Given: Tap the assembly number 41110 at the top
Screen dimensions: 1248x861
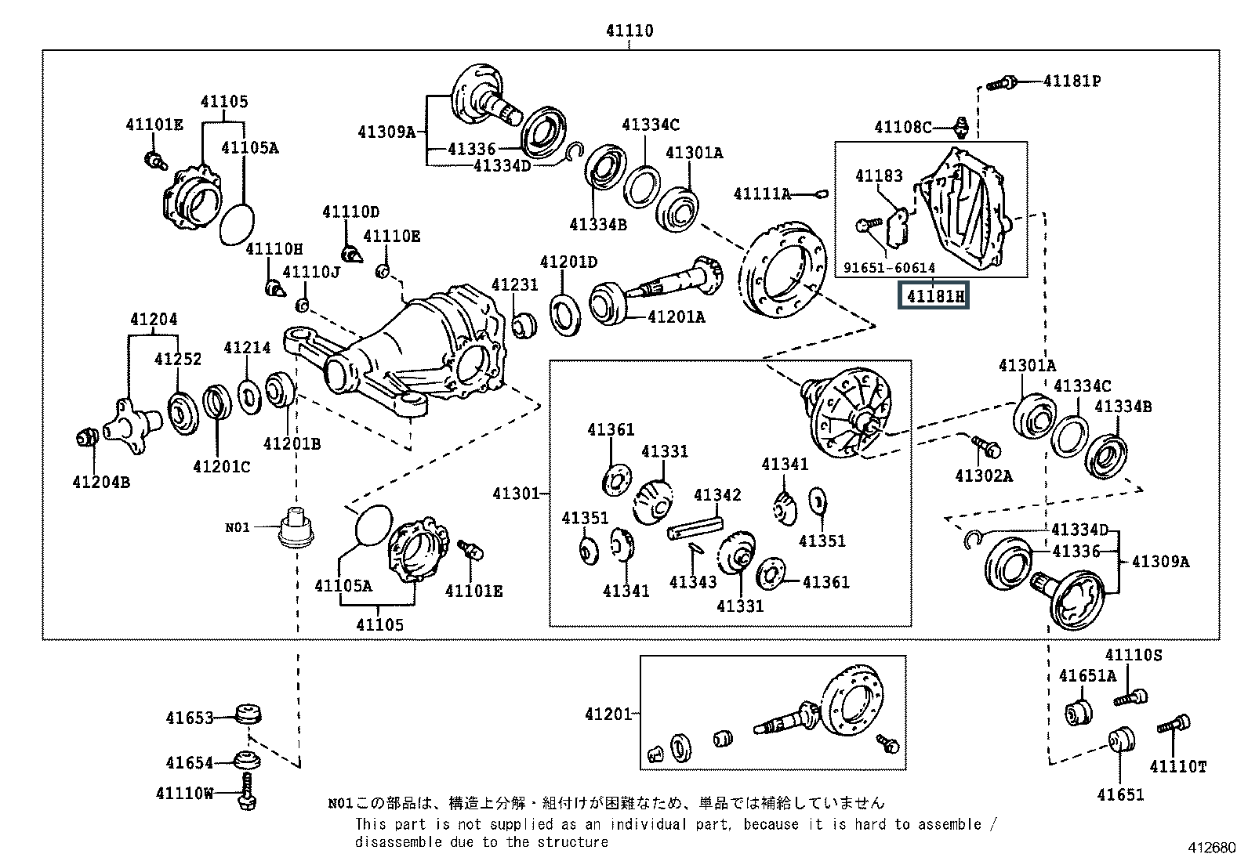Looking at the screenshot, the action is pos(629,30).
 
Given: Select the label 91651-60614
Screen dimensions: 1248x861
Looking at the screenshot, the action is pos(889,268).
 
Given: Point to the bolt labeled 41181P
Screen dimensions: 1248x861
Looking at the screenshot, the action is pos(1002,84).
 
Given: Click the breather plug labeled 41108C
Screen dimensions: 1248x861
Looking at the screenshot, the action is pos(960,127).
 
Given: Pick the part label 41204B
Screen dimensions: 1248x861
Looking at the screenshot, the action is pos(101,483).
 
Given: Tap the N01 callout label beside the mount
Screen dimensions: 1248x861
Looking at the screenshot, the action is pos(237,527).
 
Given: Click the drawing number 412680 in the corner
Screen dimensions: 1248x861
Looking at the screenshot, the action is pos(1212,847).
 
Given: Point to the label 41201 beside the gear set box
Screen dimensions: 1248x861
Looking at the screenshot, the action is pos(608,714).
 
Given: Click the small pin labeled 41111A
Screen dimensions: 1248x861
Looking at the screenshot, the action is pos(822,194).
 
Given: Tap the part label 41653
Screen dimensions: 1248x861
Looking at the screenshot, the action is pos(190,718).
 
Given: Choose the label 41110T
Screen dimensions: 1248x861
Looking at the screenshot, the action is pos(1177,767).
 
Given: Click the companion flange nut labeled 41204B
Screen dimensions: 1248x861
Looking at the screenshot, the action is pos(88,438).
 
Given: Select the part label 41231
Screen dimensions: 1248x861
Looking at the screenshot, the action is pos(515,284).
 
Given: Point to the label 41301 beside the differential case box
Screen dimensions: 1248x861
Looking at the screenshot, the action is pos(516,494).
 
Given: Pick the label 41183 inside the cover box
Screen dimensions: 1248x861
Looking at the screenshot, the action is pos(879,176).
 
